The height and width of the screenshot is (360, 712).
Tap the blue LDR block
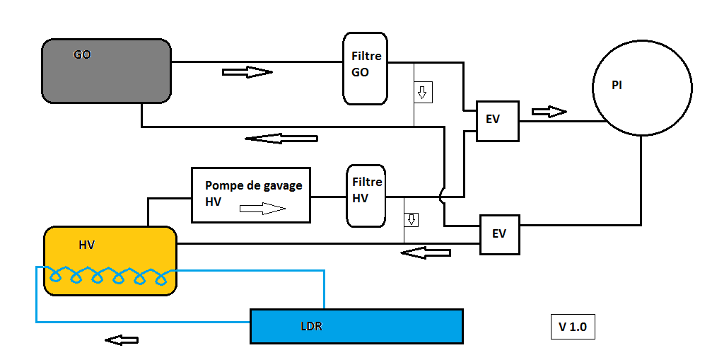356,326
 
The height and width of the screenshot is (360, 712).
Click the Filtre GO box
365,68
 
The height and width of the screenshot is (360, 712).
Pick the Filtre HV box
367,196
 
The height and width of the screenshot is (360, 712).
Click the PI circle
642,86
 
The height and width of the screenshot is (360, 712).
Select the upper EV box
497,120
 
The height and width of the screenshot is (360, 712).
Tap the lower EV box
499,234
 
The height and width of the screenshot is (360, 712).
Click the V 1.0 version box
572,327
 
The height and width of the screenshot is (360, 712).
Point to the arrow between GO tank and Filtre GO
247,72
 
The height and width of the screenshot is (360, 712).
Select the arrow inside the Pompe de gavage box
262,209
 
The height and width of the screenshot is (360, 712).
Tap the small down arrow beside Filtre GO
423,93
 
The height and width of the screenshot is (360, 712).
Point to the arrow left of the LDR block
122,340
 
